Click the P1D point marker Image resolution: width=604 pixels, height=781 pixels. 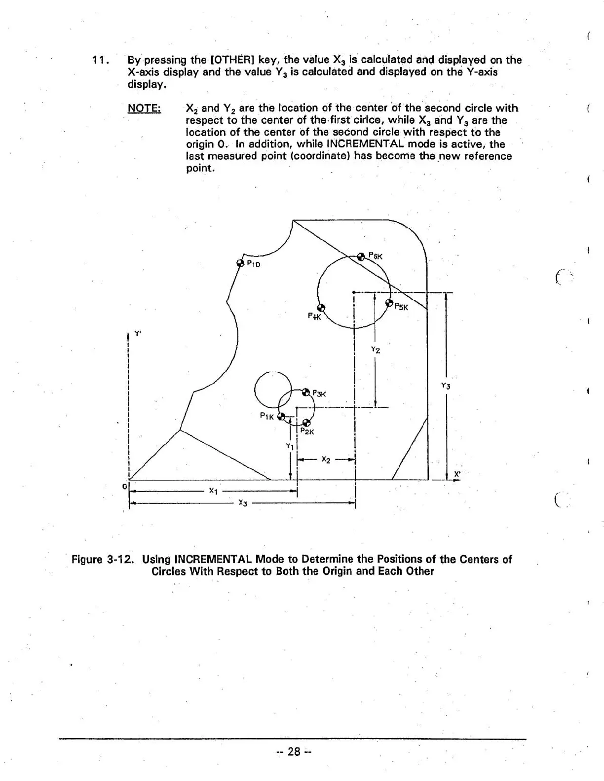coord(240,263)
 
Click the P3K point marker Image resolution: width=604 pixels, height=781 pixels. coord(305,392)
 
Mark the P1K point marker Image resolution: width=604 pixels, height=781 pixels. coord(281,417)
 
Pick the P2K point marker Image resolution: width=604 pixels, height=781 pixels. coord(306,423)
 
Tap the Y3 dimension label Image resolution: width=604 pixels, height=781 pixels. coord(446,386)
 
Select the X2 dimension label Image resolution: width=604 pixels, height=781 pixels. coord(326,460)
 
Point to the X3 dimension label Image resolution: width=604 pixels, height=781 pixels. coord(242,502)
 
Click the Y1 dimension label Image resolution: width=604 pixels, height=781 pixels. coord(290,446)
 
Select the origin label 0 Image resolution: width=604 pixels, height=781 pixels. coord(124,486)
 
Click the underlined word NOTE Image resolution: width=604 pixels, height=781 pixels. coord(144,108)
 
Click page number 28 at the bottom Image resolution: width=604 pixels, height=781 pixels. coord(294,751)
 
